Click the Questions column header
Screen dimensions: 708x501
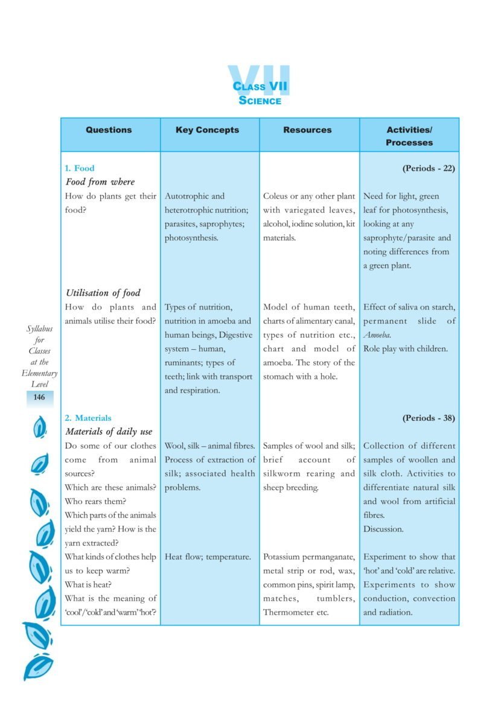pos(109,130)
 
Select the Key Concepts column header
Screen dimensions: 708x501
pos(207,130)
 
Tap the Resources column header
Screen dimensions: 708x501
pos(307,130)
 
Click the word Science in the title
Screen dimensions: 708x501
pos(260,101)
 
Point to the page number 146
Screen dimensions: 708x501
pos(39,397)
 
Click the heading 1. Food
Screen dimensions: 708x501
pos(80,168)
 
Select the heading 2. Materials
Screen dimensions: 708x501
pos(88,417)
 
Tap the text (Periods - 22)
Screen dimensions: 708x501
pos(428,168)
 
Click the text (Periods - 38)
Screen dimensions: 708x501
pos(428,417)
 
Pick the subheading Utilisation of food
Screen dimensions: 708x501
pos(103,293)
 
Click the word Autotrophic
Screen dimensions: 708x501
pos(187,196)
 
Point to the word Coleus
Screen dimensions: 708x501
pos(276,196)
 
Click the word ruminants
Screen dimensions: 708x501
pos(184,362)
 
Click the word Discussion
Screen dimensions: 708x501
pos(383,529)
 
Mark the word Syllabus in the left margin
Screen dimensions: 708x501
pos(39,329)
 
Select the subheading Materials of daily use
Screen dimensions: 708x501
pos(109,432)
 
